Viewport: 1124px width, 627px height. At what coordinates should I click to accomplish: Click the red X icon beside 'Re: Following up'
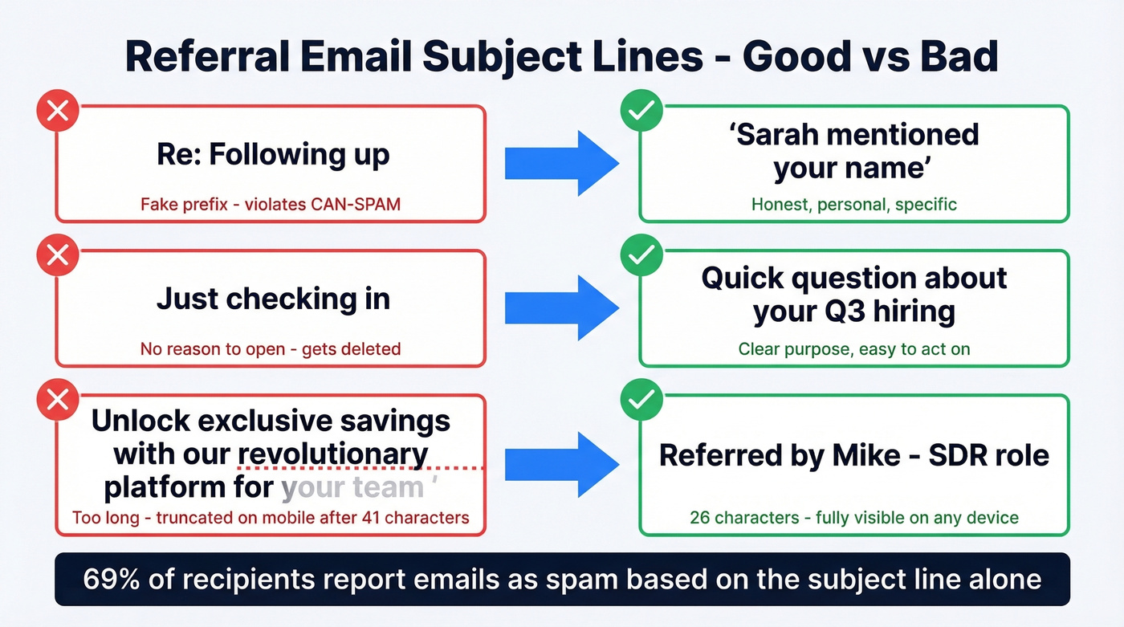57,112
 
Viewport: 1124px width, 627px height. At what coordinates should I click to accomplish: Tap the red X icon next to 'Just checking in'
57,255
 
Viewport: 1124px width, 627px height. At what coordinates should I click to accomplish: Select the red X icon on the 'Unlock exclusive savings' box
57,400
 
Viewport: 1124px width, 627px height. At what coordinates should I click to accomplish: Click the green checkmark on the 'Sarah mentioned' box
641,112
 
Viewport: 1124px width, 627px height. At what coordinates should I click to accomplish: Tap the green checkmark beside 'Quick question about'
641,255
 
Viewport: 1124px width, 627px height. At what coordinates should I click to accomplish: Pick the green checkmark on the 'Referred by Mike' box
641,400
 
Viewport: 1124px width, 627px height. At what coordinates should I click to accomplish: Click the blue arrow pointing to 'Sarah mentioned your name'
561,163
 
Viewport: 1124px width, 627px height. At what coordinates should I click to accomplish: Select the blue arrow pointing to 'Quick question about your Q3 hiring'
561,307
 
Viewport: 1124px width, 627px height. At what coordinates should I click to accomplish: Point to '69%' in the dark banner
113,579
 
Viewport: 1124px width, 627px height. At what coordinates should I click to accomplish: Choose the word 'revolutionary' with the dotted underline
333,454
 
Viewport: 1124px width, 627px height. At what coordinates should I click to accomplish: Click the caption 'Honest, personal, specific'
853,204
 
